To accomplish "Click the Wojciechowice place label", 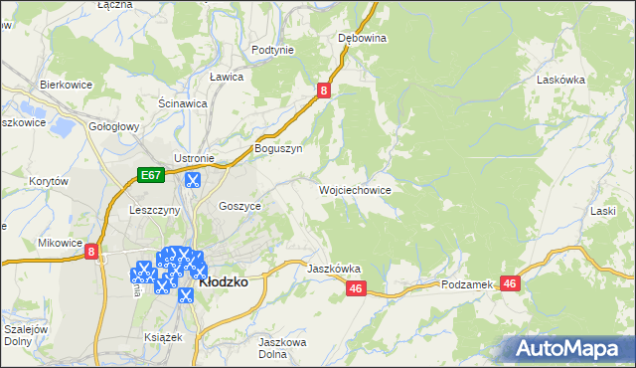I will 354,190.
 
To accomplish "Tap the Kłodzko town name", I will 224,281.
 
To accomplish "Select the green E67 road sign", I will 150,176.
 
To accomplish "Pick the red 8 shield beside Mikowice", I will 90,253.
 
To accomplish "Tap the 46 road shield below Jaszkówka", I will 358,288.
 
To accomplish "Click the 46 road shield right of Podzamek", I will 511,283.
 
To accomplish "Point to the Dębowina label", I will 362,38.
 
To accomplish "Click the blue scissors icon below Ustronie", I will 193,181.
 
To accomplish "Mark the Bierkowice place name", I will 66,86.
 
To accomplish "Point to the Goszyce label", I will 239,205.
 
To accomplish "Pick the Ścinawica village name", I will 183,102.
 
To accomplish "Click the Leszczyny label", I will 154,211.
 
